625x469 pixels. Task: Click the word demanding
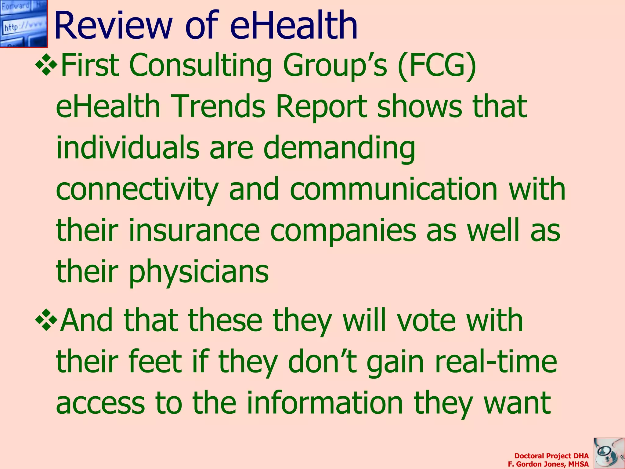(339, 148)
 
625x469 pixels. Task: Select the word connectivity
(137, 189)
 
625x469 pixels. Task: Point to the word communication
(394, 189)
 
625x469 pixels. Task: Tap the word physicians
(198, 272)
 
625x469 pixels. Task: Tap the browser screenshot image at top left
(23, 24)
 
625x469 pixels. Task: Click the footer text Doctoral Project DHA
(551, 456)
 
